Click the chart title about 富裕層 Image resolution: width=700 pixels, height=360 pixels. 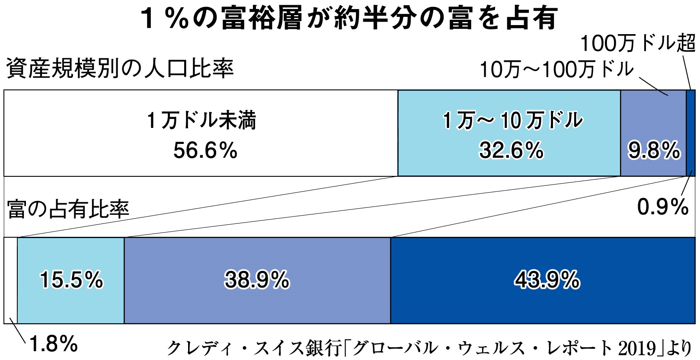coord(349,19)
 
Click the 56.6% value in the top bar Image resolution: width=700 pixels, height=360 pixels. coord(205,151)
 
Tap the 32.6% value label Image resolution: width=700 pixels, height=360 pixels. coord(511,151)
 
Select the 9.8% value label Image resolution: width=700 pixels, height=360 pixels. coord(654,151)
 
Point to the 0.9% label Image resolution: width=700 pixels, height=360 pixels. coord(662,207)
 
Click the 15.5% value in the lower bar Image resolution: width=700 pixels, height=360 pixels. coord(72,280)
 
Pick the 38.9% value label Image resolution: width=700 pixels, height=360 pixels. coord(257,280)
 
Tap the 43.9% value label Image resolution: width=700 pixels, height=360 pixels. coord(547,280)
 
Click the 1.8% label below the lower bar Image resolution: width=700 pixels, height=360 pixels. coord(54,344)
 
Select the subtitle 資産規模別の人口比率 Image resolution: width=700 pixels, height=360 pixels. coord(120,69)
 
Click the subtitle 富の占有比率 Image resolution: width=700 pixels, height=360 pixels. coord(68,209)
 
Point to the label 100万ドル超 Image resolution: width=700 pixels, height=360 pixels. coord(637,43)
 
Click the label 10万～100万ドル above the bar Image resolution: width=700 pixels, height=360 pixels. coord(556,69)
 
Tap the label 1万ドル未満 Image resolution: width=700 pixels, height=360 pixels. coord(201,121)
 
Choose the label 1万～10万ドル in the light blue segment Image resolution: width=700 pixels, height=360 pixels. coord(512,121)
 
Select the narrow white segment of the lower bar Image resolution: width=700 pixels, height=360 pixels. coord(10,280)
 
